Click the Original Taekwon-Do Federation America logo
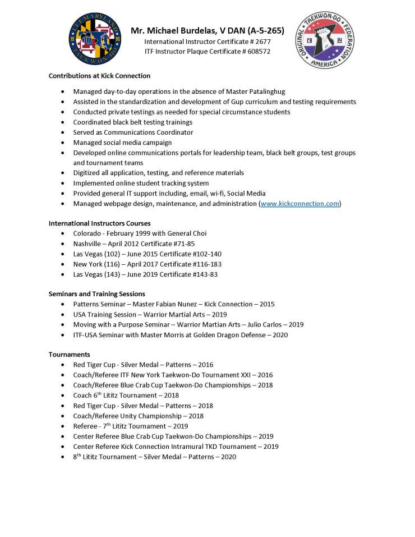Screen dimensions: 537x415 click(325, 40)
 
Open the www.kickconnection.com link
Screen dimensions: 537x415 click(299, 204)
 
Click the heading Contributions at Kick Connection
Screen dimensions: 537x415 click(99, 76)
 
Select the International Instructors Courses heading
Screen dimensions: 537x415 click(99, 223)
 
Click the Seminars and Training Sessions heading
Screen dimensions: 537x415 click(96, 293)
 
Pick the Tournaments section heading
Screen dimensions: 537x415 click(70, 355)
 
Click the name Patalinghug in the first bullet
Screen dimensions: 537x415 click(272, 91)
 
